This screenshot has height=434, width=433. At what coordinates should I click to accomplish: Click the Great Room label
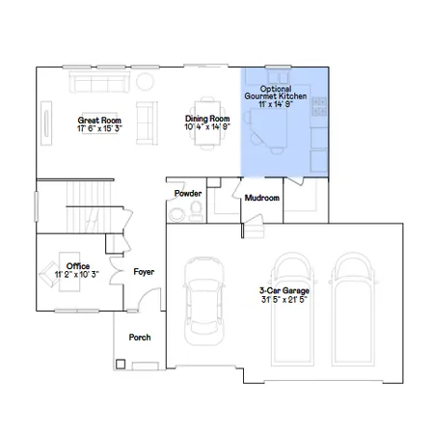[x=97, y=121]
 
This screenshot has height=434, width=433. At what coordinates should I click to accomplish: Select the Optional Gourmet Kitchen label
[x=284, y=92]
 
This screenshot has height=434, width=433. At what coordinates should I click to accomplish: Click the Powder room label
[x=187, y=194]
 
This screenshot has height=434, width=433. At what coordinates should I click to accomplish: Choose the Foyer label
[x=144, y=272]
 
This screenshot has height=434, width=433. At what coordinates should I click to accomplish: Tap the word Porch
[x=140, y=339]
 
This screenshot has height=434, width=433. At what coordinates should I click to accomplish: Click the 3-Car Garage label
[x=284, y=289]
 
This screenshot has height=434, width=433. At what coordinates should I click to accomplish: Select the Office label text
[x=78, y=265]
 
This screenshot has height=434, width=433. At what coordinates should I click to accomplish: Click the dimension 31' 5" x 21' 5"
[x=284, y=299]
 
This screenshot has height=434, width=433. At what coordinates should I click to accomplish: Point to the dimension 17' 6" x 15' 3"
[x=97, y=129]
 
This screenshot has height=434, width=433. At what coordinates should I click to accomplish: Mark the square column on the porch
[x=121, y=365]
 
